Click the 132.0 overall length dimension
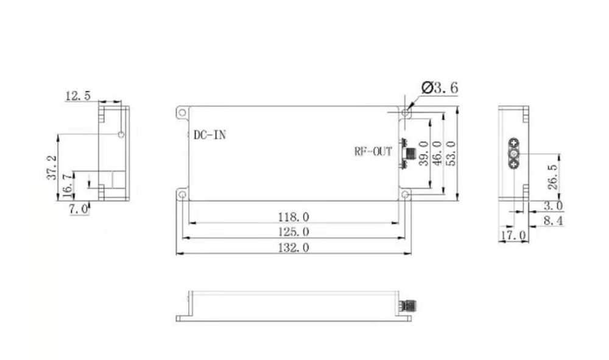pyautogui.click(x=294, y=247)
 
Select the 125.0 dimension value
pyautogui.click(x=294, y=232)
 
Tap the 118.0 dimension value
pyautogui.click(x=294, y=216)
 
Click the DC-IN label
pyautogui.click(x=209, y=135)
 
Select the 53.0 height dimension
pyautogui.click(x=451, y=153)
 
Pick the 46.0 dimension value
pyautogui.click(x=437, y=153)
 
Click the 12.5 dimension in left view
pyautogui.click(x=78, y=96)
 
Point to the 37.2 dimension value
pyautogui.click(x=51, y=166)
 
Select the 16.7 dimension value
pyautogui.click(x=66, y=185)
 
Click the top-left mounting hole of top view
pyautogui.click(x=181, y=113)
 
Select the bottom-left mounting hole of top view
pyautogui.click(x=181, y=194)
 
